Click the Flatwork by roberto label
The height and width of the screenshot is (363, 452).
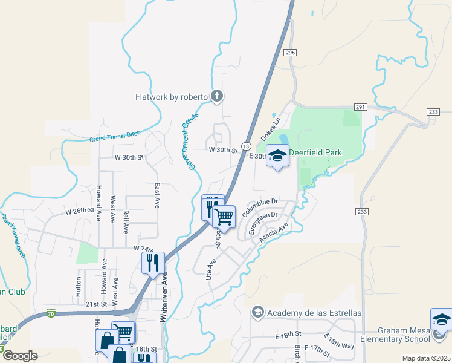[172, 96]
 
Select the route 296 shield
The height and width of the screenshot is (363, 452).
[291, 53]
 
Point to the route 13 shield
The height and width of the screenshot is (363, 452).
[246, 146]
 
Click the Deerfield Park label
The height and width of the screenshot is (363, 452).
[315, 153]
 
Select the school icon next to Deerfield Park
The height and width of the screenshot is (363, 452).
[277, 155]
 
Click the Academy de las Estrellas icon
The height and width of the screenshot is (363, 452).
[257, 312]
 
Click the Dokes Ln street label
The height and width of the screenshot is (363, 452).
[271, 129]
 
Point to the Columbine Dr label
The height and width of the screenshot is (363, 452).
[259, 207]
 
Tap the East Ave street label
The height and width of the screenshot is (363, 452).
[157, 194]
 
